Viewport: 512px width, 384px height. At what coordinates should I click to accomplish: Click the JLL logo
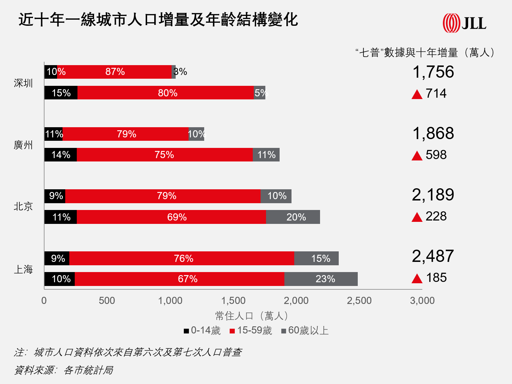click(464, 23)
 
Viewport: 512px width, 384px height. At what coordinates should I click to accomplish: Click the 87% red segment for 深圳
click(114, 72)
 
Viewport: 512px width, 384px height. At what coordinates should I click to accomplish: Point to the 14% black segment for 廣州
click(60, 155)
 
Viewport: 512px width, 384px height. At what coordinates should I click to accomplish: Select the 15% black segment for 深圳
click(61, 93)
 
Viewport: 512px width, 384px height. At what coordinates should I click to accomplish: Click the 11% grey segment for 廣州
click(266, 155)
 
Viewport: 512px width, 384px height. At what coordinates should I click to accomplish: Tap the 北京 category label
click(23, 207)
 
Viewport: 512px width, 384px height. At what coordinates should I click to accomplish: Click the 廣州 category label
click(23, 145)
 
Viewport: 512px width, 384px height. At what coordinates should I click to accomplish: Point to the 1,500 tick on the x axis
click(233, 301)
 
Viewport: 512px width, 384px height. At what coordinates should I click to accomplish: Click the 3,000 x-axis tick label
click(422, 301)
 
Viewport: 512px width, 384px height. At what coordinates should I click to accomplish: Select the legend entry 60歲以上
click(305, 330)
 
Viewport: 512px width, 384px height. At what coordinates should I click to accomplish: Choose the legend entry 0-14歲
click(202, 330)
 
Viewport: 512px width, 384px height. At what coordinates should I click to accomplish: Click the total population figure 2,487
click(433, 256)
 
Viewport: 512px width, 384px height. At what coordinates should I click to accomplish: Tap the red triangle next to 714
click(417, 94)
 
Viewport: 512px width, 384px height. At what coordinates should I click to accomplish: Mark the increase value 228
click(436, 216)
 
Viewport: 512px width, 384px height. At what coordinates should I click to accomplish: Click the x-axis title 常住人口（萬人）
click(252, 316)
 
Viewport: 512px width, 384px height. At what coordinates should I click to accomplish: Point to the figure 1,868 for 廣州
click(433, 133)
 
